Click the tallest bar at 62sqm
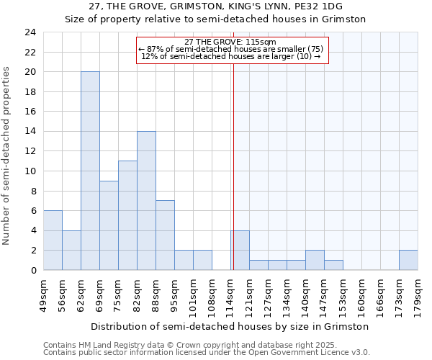(x=90, y=171)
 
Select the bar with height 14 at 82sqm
(x=146, y=200)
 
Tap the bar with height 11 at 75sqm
(x=127, y=215)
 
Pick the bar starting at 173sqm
(x=408, y=260)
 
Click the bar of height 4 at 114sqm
(x=240, y=250)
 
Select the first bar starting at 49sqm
(x=53, y=240)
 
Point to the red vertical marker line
(x=233, y=166)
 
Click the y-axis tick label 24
(x=30, y=32)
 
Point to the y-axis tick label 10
(x=30, y=171)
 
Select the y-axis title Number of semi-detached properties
(x=7, y=156)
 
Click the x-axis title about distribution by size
(x=230, y=326)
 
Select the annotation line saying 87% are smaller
(x=231, y=49)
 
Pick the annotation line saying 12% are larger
(x=231, y=56)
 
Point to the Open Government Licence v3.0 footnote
(x=206, y=352)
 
